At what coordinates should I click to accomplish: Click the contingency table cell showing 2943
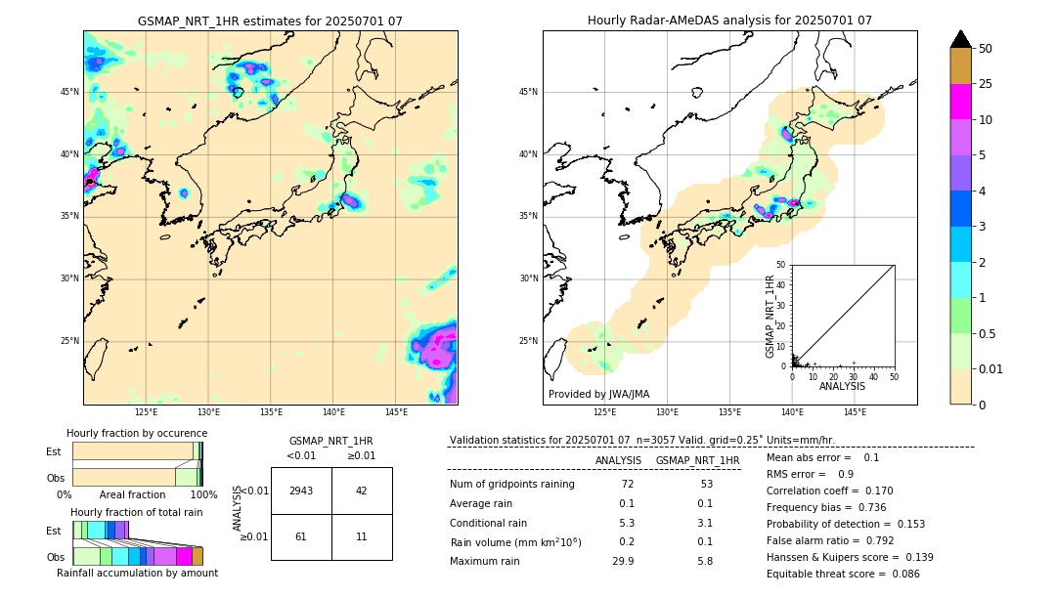point(301,491)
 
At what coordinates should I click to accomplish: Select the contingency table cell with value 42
point(362,491)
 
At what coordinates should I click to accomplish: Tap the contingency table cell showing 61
point(301,536)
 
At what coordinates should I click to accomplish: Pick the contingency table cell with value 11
point(362,536)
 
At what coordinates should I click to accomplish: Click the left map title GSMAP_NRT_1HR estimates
point(270,21)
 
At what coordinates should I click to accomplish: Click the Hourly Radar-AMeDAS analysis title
point(729,21)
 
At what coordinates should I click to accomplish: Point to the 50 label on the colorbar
point(986,49)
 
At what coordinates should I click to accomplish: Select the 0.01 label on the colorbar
point(991,368)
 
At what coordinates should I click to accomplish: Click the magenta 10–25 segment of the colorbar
point(960,102)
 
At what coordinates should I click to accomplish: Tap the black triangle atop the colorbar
point(960,39)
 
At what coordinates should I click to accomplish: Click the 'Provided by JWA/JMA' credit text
point(598,395)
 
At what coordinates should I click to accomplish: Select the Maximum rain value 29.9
point(623,561)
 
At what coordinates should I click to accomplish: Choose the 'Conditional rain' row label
point(488,523)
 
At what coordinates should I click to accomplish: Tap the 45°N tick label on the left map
point(69,92)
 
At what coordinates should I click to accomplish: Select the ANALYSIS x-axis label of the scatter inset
point(842,386)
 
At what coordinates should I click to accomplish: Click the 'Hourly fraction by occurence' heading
point(137,433)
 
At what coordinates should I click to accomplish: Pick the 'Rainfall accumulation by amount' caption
point(137,573)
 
